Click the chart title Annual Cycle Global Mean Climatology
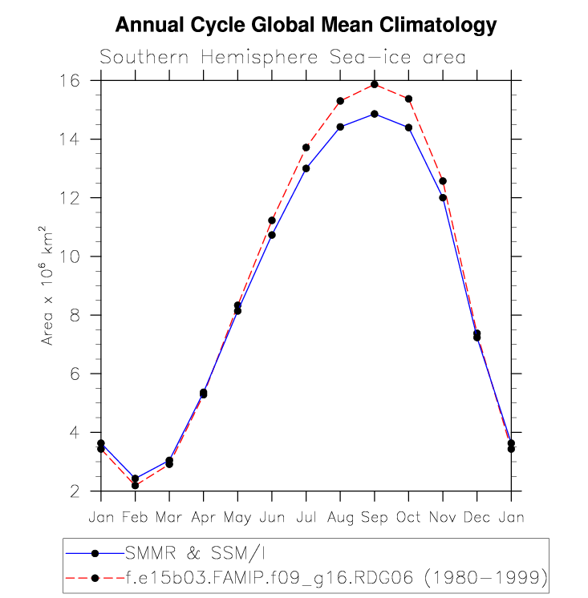(x=306, y=26)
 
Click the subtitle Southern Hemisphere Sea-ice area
(x=282, y=58)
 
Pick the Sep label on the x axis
(x=375, y=517)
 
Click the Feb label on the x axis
(x=135, y=517)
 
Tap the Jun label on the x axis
(x=272, y=517)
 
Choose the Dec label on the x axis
(x=476, y=517)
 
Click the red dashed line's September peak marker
(x=375, y=84)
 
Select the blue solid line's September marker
(x=375, y=114)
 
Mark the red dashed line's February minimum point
(x=135, y=485)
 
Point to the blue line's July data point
(x=306, y=168)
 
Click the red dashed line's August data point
(x=340, y=101)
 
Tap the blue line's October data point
(x=408, y=127)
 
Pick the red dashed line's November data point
(x=443, y=181)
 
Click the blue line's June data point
(x=272, y=235)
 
